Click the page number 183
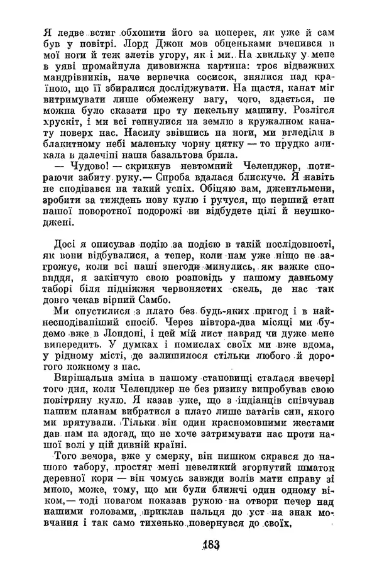click(189, 546)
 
